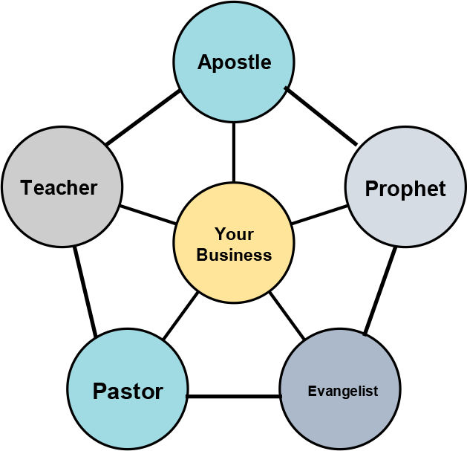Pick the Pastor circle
click(x=127, y=412)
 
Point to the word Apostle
click(x=234, y=62)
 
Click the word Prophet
click(x=405, y=189)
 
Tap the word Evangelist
click(x=343, y=391)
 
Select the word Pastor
click(x=128, y=391)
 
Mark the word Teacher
click(x=59, y=187)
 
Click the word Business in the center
click(x=235, y=255)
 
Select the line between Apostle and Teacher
click(x=142, y=117)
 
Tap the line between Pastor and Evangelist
click(x=233, y=396)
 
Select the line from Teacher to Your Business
click(x=148, y=213)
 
